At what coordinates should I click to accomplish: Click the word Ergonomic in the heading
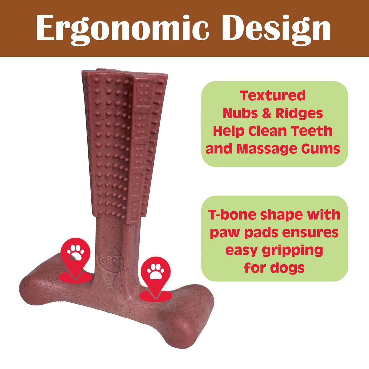click(x=122, y=29)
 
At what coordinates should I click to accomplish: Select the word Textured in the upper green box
click(x=273, y=96)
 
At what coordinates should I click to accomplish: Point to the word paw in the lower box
click(x=225, y=233)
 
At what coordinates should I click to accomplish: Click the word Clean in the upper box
click(x=268, y=131)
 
